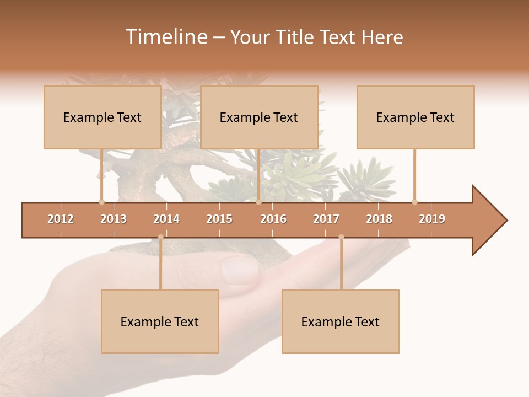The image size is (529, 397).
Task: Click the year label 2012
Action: (x=61, y=219)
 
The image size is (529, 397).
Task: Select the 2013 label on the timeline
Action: (x=114, y=219)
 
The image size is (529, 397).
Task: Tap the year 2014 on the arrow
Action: (x=166, y=219)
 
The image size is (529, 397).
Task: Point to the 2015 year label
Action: (x=219, y=219)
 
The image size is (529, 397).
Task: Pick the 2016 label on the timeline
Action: (x=273, y=219)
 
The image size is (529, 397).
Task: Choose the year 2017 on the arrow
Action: (x=326, y=219)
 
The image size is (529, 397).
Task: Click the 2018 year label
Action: (x=379, y=219)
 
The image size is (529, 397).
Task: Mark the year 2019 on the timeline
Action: (x=432, y=219)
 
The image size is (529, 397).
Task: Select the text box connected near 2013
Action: (x=102, y=117)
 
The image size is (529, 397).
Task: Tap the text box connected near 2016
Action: (x=259, y=117)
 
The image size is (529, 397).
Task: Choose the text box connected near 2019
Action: (x=415, y=117)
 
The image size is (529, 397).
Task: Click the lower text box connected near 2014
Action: (x=160, y=321)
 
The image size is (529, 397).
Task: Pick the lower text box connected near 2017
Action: (x=341, y=321)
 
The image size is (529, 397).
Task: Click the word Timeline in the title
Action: (x=166, y=37)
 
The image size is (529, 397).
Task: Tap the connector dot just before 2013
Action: (x=101, y=202)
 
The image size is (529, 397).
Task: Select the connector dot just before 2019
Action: (x=414, y=202)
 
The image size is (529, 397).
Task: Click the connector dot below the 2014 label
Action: (x=160, y=237)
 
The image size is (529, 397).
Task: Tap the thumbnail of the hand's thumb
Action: (x=239, y=270)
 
